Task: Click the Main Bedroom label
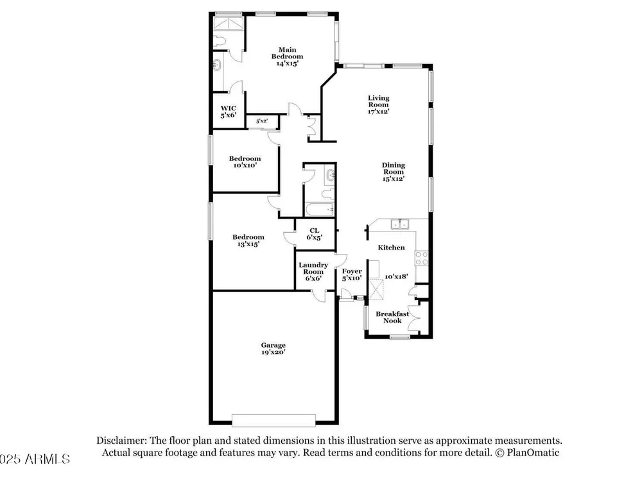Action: tap(287, 56)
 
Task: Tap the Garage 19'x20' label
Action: tap(273, 348)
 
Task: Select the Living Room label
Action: tap(378, 105)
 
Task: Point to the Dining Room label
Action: tap(394, 172)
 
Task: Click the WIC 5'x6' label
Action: tap(229, 112)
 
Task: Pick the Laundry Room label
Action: tap(313, 271)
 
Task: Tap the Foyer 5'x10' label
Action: tap(352, 274)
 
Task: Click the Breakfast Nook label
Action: tap(392, 317)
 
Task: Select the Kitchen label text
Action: tap(391, 248)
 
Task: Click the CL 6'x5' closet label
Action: tap(315, 234)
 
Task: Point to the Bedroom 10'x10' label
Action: tap(245, 162)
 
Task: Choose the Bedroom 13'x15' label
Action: tap(248, 240)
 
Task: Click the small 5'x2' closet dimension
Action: tap(262, 121)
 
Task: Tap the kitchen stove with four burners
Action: tap(422, 258)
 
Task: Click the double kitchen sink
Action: tap(399, 224)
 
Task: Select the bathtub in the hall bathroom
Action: tap(320, 210)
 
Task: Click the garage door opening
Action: tap(273, 420)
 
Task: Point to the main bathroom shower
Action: tap(229, 23)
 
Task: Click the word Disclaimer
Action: tap(121, 441)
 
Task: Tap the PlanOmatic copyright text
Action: tap(527, 452)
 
